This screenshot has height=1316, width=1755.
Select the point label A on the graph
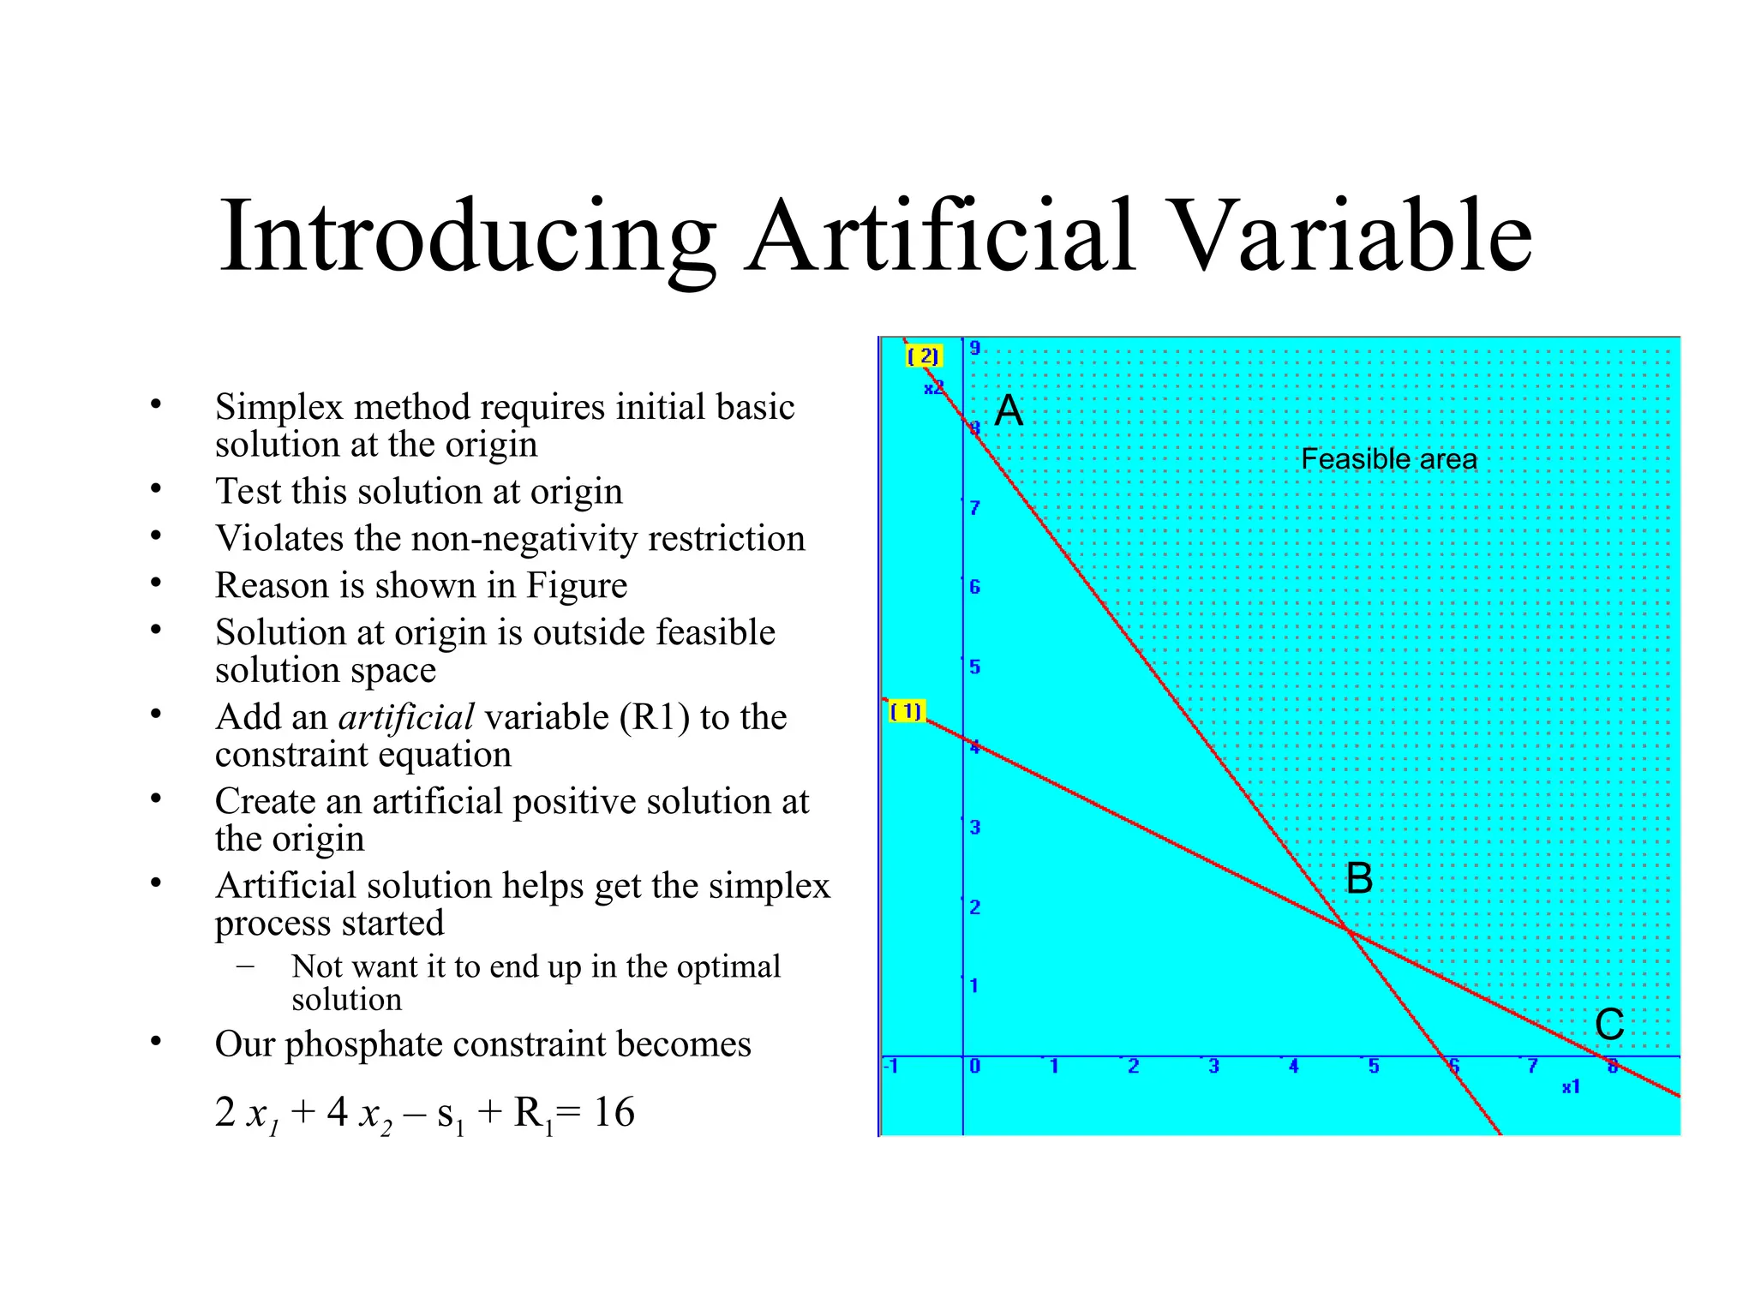1009,410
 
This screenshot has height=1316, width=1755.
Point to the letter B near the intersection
1359,879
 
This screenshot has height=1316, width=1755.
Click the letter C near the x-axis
1609,1025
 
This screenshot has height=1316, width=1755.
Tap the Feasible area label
1388,459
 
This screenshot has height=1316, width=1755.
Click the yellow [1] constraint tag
906,711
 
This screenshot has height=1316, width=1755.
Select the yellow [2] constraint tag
923,356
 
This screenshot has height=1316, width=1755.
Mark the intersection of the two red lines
1349,930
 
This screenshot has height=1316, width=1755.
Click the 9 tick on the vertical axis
975,348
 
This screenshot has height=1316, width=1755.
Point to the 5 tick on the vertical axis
975,667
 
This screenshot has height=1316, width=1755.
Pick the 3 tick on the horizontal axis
1213,1067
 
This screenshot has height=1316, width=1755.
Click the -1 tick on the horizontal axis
891,1067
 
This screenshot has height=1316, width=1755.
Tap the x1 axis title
1570,1087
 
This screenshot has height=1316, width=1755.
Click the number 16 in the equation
614,1112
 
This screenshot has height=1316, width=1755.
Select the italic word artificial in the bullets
406,717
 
